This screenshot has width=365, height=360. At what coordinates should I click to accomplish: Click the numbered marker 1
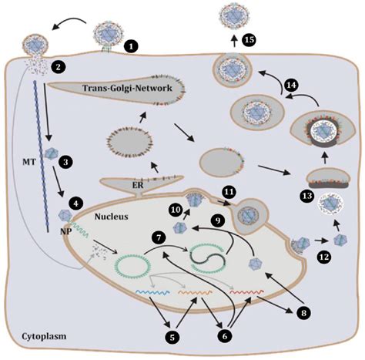132,47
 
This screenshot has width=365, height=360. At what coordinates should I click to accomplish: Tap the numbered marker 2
58,67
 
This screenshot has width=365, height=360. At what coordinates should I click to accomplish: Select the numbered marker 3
68,161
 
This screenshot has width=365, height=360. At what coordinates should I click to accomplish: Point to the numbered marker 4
75,204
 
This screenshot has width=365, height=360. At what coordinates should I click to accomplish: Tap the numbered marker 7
159,234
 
